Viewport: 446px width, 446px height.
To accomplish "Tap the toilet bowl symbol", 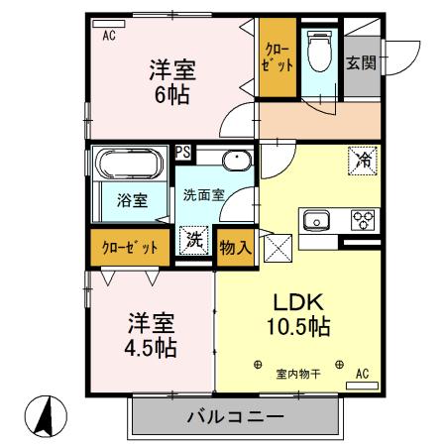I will (318, 52).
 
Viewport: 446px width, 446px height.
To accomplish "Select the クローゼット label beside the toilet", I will (278, 56).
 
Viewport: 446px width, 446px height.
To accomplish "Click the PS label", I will (182, 153).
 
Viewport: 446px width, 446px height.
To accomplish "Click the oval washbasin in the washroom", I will (237, 162).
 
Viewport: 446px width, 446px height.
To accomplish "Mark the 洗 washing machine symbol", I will (195, 240).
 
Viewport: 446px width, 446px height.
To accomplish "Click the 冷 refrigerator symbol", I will (364, 158).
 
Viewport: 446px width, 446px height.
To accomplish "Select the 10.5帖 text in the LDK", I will (297, 326).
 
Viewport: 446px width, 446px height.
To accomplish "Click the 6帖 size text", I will (171, 97).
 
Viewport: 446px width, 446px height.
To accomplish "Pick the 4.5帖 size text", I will (151, 348).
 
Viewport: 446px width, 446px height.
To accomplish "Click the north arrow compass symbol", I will (44, 415).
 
